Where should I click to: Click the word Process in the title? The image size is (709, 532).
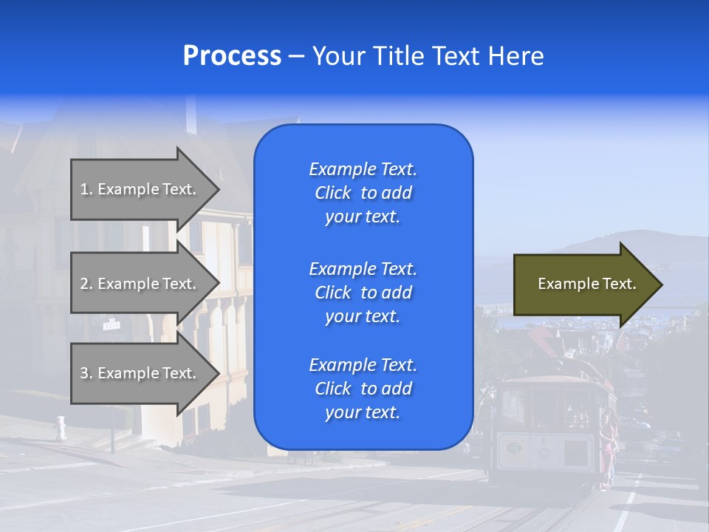232,56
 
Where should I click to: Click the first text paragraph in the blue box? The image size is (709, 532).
363,193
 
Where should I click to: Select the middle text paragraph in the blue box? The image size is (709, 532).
363,293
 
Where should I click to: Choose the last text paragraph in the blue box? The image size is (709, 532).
363,389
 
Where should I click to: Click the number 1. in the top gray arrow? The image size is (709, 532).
86,189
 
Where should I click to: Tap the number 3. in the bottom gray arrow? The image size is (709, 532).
86,373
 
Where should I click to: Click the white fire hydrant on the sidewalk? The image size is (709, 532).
61,426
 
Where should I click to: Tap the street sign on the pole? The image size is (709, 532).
112,324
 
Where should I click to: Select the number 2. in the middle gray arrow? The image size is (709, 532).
86,284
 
